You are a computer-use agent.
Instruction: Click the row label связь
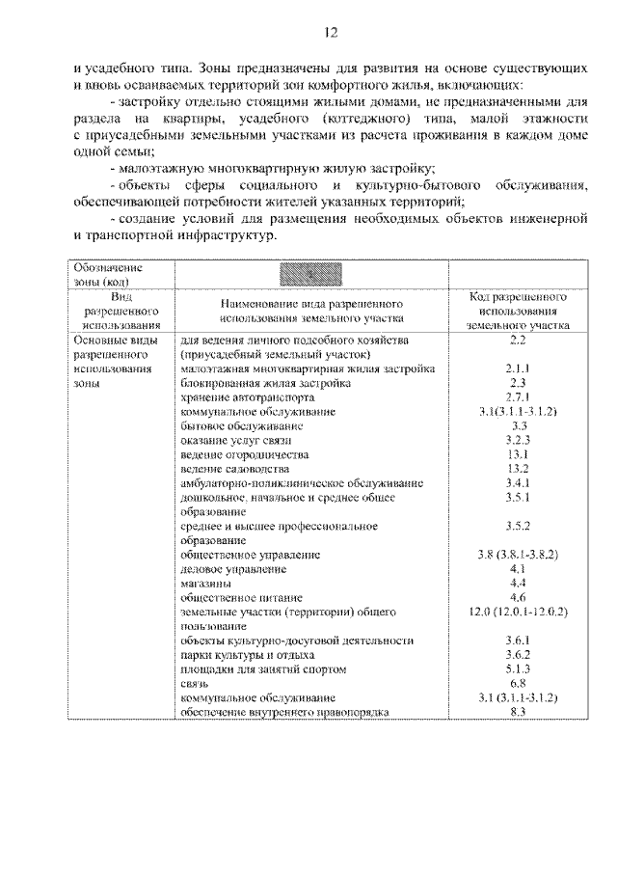tap(195, 682)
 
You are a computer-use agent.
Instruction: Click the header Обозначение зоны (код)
tap(108, 274)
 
